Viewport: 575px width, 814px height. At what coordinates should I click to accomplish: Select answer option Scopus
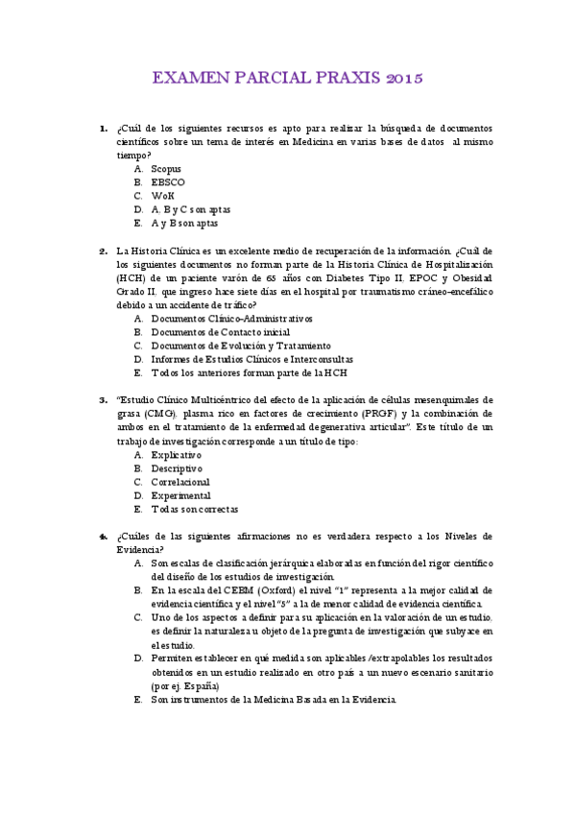point(166,168)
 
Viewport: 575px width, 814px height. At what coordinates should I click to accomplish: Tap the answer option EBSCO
point(168,181)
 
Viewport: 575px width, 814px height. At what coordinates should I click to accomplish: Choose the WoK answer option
point(162,195)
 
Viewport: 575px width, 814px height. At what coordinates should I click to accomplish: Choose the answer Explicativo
point(177,454)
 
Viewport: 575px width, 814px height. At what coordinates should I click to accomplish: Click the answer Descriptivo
point(177,467)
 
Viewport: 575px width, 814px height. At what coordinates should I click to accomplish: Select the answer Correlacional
point(180,481)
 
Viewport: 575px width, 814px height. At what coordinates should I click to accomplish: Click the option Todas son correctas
point(194,509)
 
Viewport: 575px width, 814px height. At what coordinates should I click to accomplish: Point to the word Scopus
point(166,168)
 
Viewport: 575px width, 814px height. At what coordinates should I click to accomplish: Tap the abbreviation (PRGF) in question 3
point(370,413)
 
